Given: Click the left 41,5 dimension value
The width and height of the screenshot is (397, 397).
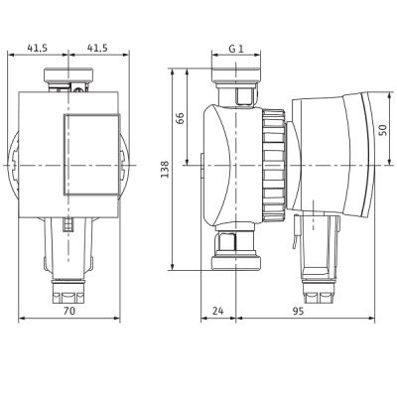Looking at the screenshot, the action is pyautogui.click(x=38, y=49).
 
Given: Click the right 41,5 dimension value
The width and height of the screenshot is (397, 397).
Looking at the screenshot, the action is pyautogui.click(x=97, y=49).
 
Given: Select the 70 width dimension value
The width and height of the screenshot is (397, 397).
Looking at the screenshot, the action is pyautogui.click(x=69, y=311).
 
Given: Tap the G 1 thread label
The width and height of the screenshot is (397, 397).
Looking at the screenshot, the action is pyautogui.click(x=236, y=49).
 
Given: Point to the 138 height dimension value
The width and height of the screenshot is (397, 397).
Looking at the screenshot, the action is pyautogui.click(x=165, y=170).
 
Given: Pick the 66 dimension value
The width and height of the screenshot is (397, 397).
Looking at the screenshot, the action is pyautogui.click(x=181, y=118).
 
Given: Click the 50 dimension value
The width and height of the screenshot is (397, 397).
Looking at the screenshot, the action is pyautogui.click(x=383, y=130).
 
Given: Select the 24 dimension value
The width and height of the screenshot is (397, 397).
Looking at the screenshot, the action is pyautogui.click(x=218, y=311).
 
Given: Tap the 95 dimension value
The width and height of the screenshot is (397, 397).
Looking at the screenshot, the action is pyautogui.click(x=298, y=311).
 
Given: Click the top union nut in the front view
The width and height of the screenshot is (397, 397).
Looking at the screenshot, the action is pyautogui.click(x=68, y=74).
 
